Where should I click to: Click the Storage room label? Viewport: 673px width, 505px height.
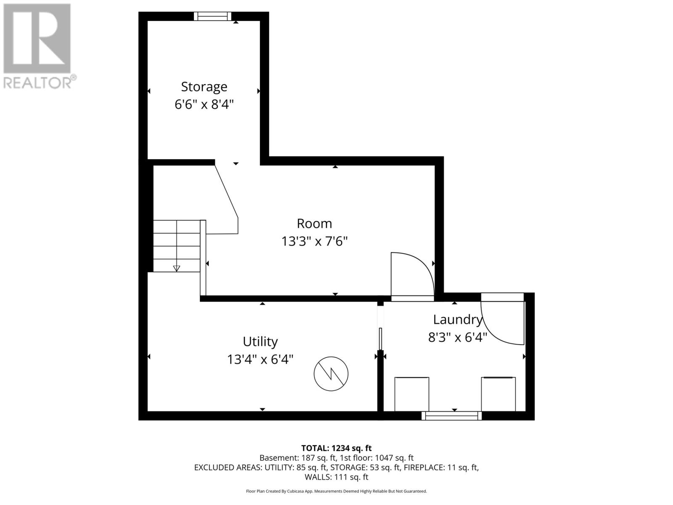tap(204, 87)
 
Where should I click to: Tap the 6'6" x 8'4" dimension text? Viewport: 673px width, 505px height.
tap(204, 104)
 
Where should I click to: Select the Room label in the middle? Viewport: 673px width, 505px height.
tap(314, 223)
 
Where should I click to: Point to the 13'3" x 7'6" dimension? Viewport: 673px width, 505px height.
tap(314, 242)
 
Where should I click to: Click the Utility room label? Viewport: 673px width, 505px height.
tap(260, 341)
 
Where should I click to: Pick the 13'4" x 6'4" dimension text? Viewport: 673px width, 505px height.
tap(260, 359)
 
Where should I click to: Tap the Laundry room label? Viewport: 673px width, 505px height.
tap(457, 319)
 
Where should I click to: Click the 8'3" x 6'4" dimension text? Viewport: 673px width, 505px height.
tap(457, 338)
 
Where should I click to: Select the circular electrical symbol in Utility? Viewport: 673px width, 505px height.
tap(331, 374)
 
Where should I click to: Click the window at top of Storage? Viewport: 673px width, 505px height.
tap(212, 16)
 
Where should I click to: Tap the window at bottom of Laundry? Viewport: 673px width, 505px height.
tap(452, 416)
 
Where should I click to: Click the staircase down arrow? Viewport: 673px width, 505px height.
tap(177, 268)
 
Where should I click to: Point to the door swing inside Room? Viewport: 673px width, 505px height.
tap(410, 274)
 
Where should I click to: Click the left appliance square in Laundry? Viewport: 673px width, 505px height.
tap(412, 394)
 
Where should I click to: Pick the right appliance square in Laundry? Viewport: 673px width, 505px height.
tap(498, 394)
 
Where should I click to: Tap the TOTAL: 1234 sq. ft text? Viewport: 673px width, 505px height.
tap(336, 448)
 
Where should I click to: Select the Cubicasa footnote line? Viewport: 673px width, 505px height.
tap(336, 491)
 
